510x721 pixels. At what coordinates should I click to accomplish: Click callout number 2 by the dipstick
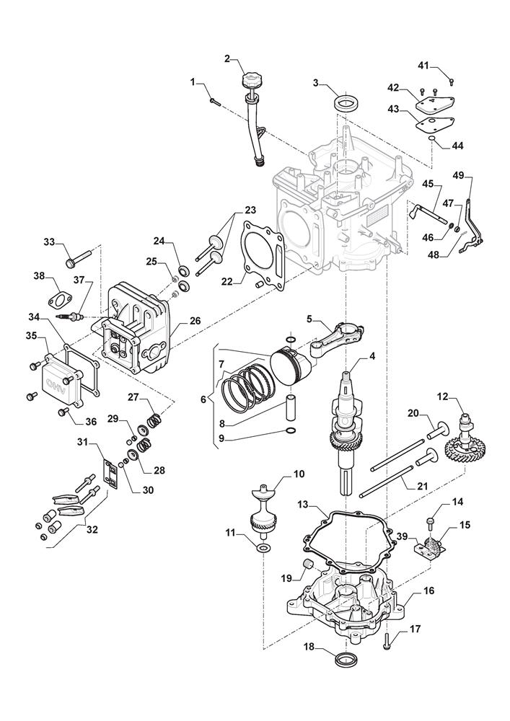tap(227, 58)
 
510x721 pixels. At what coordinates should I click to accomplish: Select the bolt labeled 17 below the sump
tap(388, 637)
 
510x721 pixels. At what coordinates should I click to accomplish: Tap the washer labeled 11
tap(264, 549)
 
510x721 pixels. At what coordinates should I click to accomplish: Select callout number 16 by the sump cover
tap(428, 591)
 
